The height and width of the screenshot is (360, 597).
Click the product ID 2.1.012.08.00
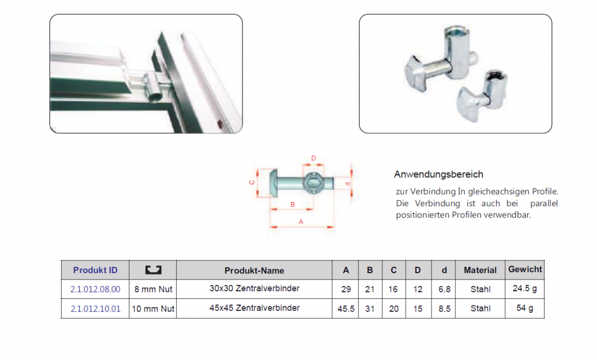(x=95, y=289)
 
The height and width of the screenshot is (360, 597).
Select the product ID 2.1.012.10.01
(x=95, y=309)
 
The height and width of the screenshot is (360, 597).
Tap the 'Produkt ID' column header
(x=95, y=270)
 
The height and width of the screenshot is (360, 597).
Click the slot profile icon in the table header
(x=153, y=270)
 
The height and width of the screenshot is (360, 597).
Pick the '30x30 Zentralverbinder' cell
(x=254, y=288)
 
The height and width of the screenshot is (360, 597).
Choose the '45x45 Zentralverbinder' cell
(x=254, y=308)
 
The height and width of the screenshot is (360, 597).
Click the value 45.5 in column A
(x=346, y=309)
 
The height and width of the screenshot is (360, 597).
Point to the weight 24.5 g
(x=525, y=288)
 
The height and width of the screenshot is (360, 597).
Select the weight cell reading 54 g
(x=525, y=308)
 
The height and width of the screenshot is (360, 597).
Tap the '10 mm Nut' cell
(x=153, y=309)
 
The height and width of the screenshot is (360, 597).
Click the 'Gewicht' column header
(x=525, y=269)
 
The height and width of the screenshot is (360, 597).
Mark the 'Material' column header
(x=480, y=270)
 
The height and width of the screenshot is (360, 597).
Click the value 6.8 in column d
(x=444, y=289)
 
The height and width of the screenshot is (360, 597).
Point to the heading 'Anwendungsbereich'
(x=438, y=174)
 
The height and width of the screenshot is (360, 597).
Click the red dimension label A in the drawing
(x=301, y=221)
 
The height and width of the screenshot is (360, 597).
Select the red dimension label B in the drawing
(x=293, y=204)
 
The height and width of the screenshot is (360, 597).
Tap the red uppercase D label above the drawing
(x=313, y=158)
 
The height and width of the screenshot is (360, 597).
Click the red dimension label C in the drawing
(x=252, y=183)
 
